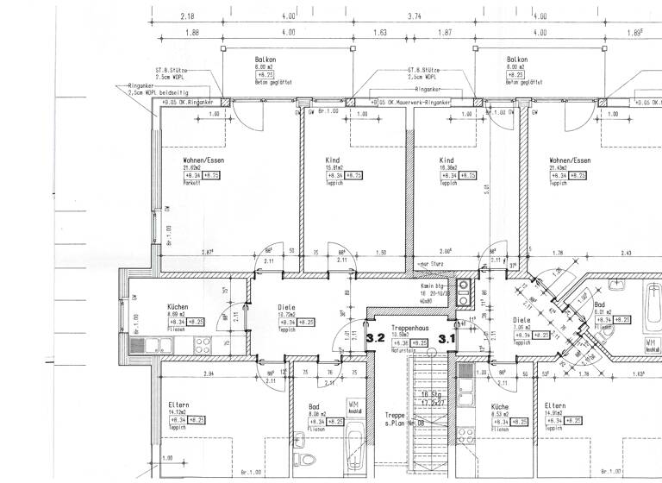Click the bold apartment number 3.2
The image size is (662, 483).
tap(377, 339)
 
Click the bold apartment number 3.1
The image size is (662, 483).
tap(447, 339)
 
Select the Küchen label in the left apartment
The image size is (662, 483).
tap(178, 307)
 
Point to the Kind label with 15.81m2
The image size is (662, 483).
tap(334, 161)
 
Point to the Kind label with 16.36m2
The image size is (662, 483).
tap(446, 161)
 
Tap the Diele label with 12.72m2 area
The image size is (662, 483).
tap(286, 307)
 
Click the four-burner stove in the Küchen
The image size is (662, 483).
tap(204, 348)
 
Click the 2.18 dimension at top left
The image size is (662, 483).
tap(187, 16)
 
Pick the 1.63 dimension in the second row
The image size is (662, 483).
tap(378, 33)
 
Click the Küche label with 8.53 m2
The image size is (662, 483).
tap(499, 405)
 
